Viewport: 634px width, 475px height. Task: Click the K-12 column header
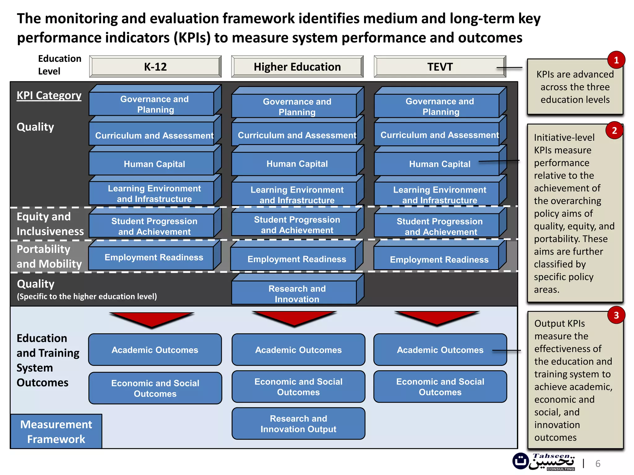[155, 67]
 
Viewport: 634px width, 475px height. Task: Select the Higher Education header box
[297, 67]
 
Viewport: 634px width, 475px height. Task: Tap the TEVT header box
[440, 67]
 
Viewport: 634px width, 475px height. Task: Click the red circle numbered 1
[616, 60]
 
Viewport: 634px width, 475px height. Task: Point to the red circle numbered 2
[614, 131]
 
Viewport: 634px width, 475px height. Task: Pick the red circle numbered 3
[616, 315]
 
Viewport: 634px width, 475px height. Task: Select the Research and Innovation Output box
[298, 424]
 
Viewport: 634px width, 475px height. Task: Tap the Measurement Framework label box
[56, 432]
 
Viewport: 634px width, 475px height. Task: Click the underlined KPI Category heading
[49, 96]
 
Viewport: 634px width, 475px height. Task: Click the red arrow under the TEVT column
[437, 318]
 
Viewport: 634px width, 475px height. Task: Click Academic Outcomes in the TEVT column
[440, 350]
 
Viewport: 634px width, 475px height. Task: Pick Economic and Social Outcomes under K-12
[155, 388]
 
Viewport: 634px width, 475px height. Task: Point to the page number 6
[598, 464]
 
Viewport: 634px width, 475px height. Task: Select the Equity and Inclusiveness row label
[50, 224]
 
